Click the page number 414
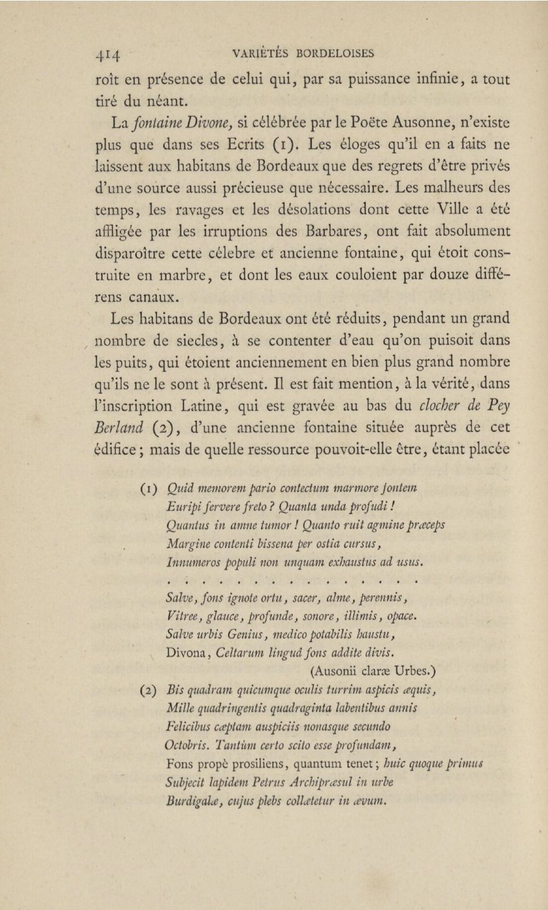(x=109, y=55)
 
